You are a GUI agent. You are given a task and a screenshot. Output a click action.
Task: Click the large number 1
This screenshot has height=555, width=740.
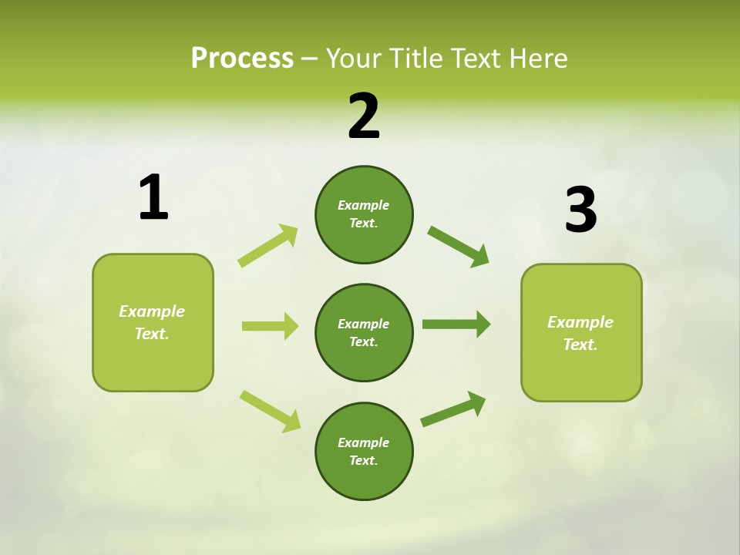[x=153, y=197]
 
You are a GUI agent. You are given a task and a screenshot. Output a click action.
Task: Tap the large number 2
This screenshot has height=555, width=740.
[x=364, y=116]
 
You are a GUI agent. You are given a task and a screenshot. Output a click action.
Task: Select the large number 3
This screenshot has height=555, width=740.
[x=581, y=210]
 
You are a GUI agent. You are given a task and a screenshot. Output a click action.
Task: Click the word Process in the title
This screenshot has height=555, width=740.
[x=242, y=58]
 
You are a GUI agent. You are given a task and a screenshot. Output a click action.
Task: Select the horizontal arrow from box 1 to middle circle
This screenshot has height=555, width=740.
[x=270, y=326]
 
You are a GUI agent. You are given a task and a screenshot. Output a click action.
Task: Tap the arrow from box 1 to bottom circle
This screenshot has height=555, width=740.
[x=270, y=411]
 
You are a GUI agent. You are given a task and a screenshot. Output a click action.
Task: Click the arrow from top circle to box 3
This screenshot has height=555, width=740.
[x=458, y=246]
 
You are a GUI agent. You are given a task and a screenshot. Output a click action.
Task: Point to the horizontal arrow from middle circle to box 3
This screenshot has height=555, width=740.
[x=456, y=324]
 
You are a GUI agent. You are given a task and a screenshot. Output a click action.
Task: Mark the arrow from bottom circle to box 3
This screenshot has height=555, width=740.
[x=453, y=409]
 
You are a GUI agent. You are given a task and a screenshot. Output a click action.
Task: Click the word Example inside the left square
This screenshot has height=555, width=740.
[x=152, y=311]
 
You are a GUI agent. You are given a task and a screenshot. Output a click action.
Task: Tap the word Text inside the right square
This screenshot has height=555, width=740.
[x=580, y=345]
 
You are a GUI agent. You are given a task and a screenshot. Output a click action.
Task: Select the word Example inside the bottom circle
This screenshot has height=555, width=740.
[x=363, y=442]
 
